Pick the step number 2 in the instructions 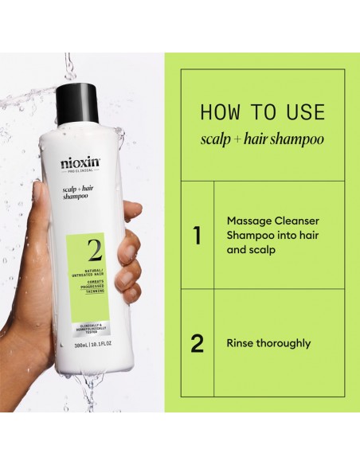pos(197,344)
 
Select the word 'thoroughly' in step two pos(284,344)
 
